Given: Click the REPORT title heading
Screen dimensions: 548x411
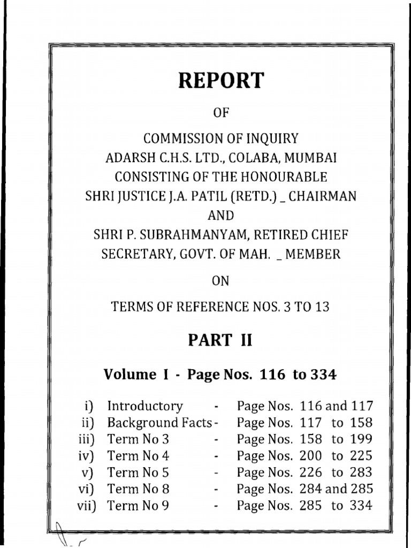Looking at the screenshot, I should point(220,81).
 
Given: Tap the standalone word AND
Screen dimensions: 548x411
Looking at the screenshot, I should point(220,216).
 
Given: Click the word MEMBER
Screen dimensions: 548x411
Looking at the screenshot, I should point(314,254).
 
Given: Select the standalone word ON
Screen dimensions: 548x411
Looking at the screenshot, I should point(220,280).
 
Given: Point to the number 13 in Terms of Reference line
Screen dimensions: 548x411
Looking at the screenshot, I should point(322,307).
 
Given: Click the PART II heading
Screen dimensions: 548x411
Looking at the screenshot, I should point(220,340).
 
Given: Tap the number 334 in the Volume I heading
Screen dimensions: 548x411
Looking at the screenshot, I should point(322,375).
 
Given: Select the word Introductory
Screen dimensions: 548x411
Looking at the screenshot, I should point(145,406).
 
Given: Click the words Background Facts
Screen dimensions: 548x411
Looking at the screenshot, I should point(159,423).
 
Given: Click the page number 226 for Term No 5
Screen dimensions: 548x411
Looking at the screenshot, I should point(311,473).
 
